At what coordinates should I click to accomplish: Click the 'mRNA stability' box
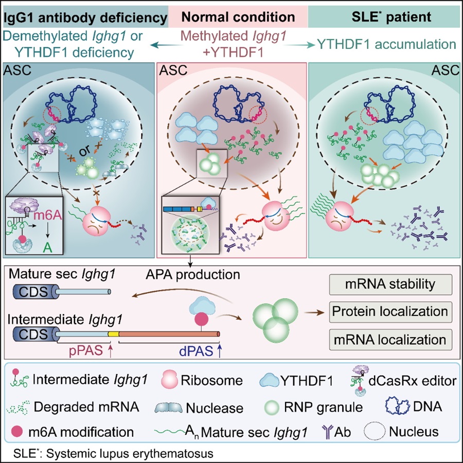[x=390, y=284]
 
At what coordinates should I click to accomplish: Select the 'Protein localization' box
[x=390, y=312]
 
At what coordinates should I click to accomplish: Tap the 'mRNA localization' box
[x=390, y=340]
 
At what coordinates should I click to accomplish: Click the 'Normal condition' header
[x=238, y=17]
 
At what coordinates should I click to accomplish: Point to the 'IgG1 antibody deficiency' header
[x=85, y=17]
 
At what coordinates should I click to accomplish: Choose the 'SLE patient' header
[x=391, y=17]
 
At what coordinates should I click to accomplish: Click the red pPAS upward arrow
[x=111, y=351]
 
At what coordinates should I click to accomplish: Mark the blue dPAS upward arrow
[x=219, y=351]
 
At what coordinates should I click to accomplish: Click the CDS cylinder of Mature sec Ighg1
[x=34, y=292]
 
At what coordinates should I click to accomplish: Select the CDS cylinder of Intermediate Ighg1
[x=34, y=334]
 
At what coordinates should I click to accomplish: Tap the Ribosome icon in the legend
[x=169, y=380]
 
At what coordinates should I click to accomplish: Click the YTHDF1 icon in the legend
[x=269, y=380]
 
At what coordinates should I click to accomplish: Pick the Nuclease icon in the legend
[x=169, y=407]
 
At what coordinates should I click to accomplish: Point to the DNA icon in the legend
[x=398, y=406]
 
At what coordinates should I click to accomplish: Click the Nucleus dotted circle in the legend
[x=375, y=432]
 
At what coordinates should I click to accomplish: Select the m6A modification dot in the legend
[x=17, y=432]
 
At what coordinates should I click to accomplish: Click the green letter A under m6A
[x=47, y=248]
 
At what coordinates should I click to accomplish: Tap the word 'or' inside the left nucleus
[x=85, y=151]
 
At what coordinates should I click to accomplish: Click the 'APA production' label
[x=193, y=275]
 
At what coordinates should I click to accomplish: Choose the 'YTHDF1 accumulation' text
[x=387, y=44]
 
